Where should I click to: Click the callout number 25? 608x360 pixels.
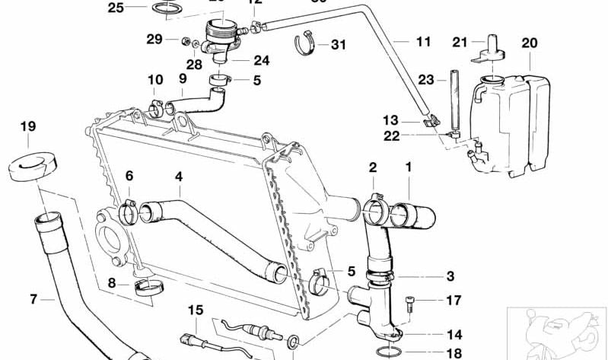pyautogui.click(x=116, y=8)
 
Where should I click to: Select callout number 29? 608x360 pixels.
pyautogui.click(x=154, y=39)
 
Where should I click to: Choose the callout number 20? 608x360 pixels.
pyautogui.click(x=530, y=43)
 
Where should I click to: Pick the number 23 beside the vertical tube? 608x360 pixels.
pyautogui.click(x=426, y=79)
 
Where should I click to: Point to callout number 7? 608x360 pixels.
pyautogui.click(x=33, y=300)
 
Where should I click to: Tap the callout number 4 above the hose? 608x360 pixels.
pyautogui.click(x=178, y=177)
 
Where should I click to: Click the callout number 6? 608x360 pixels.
pyautogui.click(x=129, y=177)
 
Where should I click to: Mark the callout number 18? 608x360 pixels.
pyautogui.click(x=454, y=353)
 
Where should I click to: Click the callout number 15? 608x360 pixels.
pyautogui.click(x=196, y=310)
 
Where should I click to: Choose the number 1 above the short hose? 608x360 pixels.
pyautogui.click(x=409, y=166)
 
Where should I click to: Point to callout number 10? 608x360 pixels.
pyautogui.click(x=155, y=79)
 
